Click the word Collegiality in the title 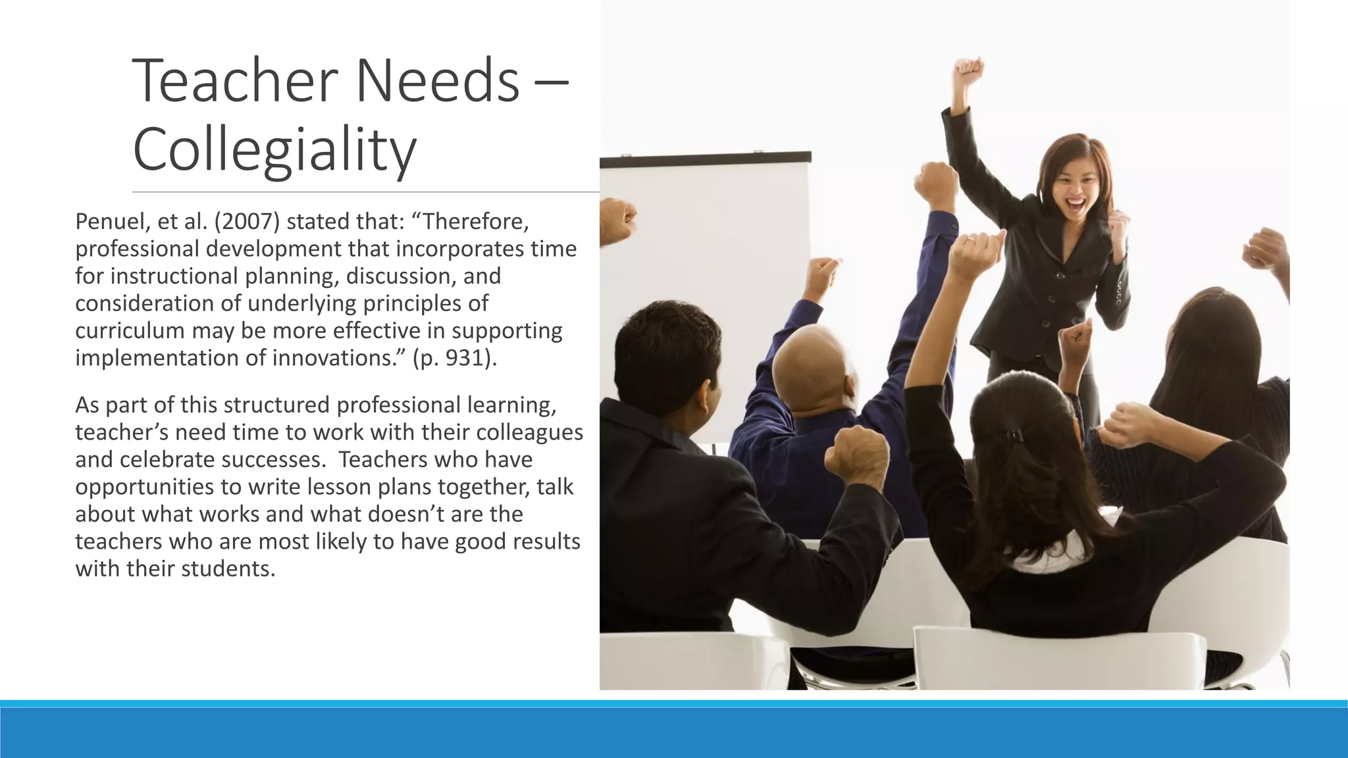click(274, 150)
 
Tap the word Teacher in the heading click(235, 81)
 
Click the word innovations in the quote click(334, 358)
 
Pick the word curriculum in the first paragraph click(130, 330)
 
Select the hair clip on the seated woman click(1014, 435)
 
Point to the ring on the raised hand click(970, 241)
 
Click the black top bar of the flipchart click(704, 159)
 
